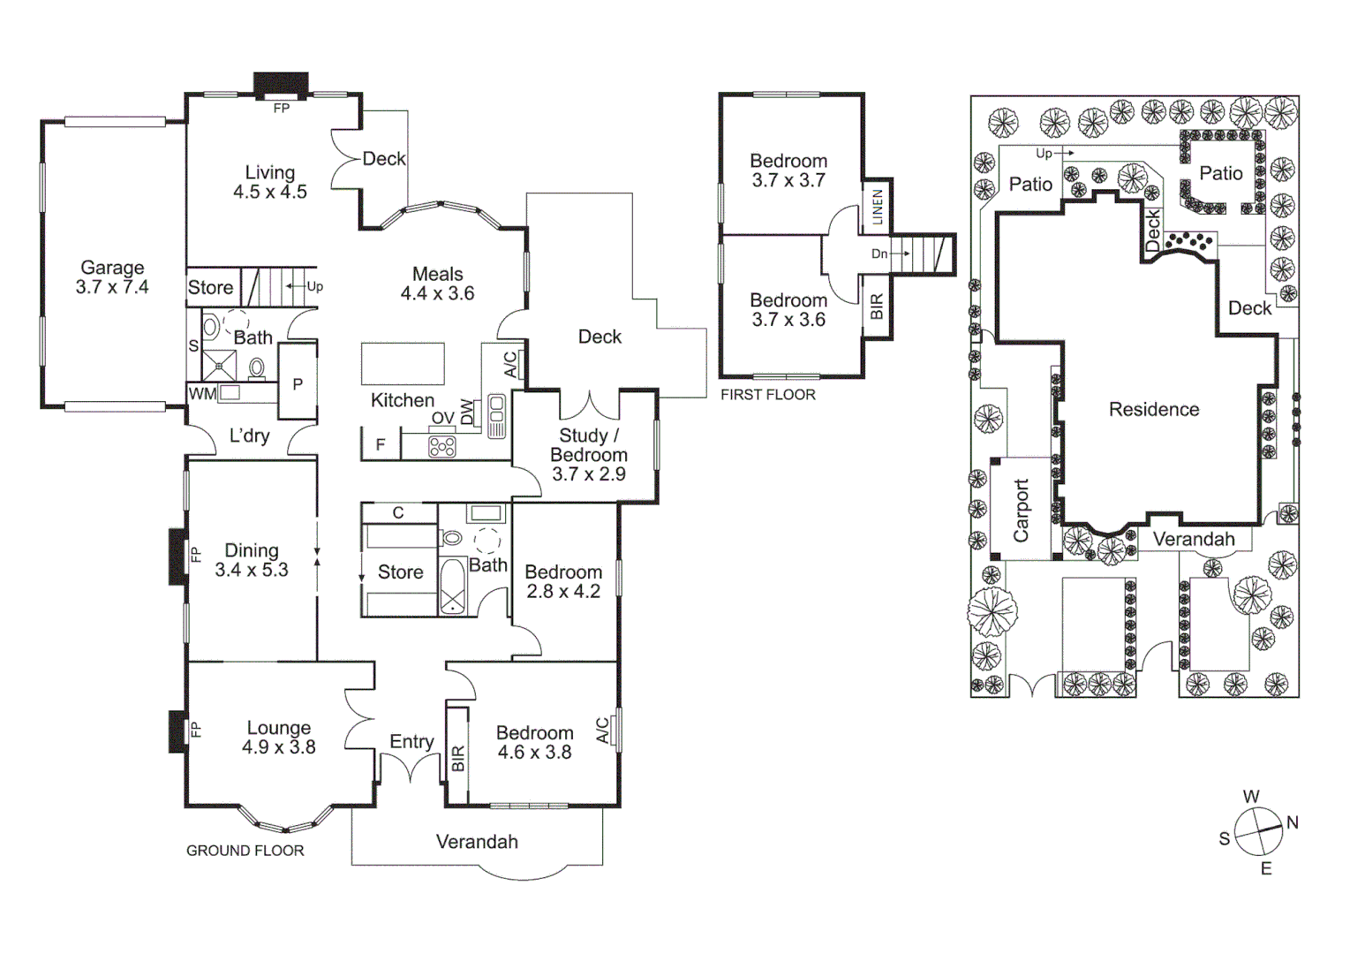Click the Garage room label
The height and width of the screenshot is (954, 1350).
click(112, 276)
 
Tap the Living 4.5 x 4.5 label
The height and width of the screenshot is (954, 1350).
click(269, 182)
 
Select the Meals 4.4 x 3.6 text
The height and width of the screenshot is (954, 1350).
click(437, 284)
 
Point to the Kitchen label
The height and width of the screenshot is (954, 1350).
click(402, 400)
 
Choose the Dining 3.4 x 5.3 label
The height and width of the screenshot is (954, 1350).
click(252, 560)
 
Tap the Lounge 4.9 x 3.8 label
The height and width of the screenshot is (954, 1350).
click(278, 737)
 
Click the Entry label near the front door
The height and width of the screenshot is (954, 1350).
click(411, 741)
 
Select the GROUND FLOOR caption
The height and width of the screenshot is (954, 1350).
click(245, 851)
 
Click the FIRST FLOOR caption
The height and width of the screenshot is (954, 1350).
click(767, 395)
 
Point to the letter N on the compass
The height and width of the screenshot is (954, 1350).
click(1293, 822)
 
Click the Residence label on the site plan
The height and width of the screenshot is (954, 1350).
click(1153, 409)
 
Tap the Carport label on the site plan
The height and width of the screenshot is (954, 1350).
click(1021, 510)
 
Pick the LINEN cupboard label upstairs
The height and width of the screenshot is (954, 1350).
click(877, 207)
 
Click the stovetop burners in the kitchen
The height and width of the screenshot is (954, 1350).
click(442, 447)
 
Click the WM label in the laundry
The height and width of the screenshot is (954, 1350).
click(201, 394)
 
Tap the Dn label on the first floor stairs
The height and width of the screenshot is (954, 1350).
click(879, 254)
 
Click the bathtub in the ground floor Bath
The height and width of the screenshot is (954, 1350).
click(452, 586)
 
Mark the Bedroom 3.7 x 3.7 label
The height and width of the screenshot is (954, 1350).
click(788, 170)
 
